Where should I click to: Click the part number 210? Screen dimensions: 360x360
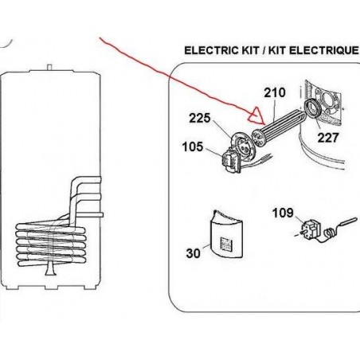click(x=275, y=92)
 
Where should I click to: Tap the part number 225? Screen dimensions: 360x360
click(x=200, y=118)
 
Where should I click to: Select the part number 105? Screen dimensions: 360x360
click(x=193, y=147)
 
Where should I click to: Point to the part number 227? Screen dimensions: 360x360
click(x=328, y=138)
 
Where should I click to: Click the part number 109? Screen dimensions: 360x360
click(x=283, y=213)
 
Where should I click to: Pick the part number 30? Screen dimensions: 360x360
click(x=193, y=253)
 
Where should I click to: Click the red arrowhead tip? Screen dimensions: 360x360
click(x=264, y=124)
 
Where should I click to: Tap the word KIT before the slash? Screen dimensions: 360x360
click(x=250, y=50)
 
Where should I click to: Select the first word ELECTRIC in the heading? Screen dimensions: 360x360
click(x=212, y=50)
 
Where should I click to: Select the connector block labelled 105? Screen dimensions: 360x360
click(x=230, y=161)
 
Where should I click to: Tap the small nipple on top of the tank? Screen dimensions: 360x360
click(x=49, y=67)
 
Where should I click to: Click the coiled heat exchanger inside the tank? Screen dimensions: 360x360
click(x=50, y=245)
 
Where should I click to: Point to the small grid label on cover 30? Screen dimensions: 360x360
click(x=225, y=245)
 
